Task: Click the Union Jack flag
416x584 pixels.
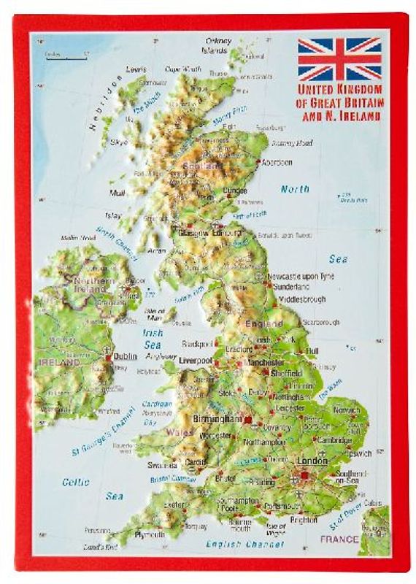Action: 339,58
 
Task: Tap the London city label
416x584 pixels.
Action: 312,461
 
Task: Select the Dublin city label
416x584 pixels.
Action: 125,357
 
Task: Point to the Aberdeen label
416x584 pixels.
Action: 277,162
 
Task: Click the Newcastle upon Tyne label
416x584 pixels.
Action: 300,277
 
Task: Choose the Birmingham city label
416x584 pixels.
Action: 218,419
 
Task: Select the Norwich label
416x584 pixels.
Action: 346,410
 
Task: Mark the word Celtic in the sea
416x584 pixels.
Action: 76,482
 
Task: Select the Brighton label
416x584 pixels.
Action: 304,520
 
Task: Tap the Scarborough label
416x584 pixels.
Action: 321,322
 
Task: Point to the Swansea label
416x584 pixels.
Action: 162,464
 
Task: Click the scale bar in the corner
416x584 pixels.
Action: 64,55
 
